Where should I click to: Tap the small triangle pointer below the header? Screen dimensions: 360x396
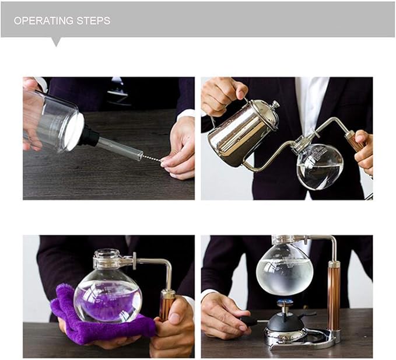56,42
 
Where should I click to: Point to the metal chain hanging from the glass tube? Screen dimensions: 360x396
151,158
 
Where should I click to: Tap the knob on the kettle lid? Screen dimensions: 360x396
274,106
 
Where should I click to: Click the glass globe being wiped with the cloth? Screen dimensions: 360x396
110,291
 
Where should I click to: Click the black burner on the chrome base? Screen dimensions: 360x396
286,321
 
